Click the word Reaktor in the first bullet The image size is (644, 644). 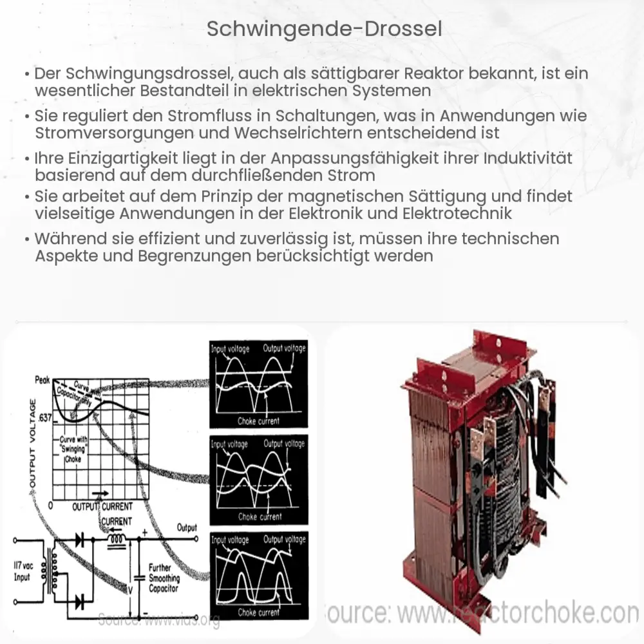pos(426,74)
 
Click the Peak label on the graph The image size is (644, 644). pos(42,381)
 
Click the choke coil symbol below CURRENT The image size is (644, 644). pos(117,540)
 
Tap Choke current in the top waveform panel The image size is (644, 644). pos(258,422)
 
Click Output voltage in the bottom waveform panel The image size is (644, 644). pos(284,540)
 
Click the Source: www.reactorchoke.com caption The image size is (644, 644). pos(483,614)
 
